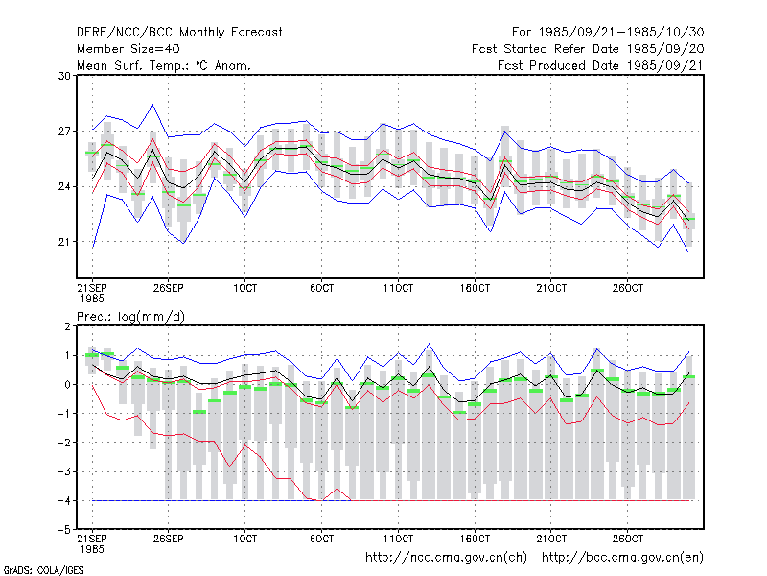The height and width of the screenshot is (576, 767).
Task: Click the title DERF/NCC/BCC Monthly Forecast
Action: tap(179, 33)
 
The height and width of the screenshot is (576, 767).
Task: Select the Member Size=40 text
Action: tap(128, 49)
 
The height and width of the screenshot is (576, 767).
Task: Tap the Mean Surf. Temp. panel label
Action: tap(163, 65)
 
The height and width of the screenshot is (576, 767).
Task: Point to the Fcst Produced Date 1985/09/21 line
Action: tap(600, 65)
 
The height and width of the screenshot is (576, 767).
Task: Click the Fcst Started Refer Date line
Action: tap(588, 49)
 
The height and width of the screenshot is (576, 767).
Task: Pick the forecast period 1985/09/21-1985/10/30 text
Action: tap(608, 33)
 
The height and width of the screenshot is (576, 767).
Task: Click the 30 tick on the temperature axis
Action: tap(64, 76)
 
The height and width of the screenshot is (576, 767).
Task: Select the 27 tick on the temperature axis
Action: tap(64, 132)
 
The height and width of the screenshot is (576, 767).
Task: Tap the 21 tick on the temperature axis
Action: tap(64, 242)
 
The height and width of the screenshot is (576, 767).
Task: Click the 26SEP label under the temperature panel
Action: tap(169, 288)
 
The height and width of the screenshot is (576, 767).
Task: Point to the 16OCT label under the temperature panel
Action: tap(475, 288)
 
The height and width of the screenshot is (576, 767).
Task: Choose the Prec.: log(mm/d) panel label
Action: tap(130, 317)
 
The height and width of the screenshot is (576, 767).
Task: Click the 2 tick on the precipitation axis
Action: tap(67, 326)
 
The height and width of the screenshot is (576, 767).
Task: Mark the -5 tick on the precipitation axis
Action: tap(64, 530)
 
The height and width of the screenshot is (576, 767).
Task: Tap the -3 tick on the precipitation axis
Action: tap(64, 471)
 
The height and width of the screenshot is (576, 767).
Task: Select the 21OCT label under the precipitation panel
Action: tap(551, 539)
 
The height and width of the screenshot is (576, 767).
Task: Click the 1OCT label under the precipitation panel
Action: tap(244, 539)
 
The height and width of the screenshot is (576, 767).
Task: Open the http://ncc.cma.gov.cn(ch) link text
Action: tap(446, 558)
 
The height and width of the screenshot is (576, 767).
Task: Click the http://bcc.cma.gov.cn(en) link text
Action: tap(622, 558)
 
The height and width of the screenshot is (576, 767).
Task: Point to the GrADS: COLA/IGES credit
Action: tap(43, 570)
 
